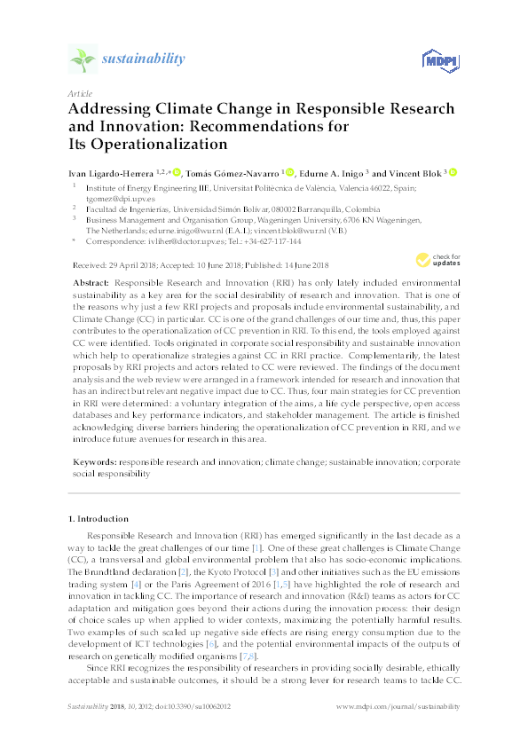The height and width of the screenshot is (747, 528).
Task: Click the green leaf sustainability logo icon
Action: pyautogui.click(x=83, y=59)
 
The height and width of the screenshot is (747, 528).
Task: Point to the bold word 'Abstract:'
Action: pyautogui.click(x=93, y=279)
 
